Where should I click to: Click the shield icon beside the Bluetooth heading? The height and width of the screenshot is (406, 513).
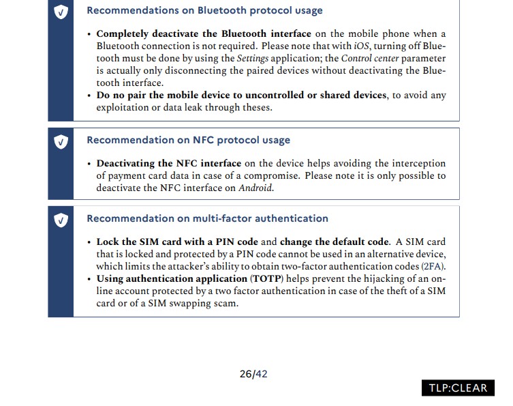pyautogui.click(x=61, y=12)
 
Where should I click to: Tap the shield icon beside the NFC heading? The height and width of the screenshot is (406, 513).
pyautogui.click(x=61, y=141)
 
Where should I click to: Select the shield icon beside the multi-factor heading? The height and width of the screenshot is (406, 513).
pyautogui.click(x=61, y=220)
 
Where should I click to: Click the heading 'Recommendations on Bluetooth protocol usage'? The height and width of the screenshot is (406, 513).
pyautogui.click(x=204, y=11)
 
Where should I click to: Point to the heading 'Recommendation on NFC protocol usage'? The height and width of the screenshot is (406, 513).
pyautogui.click(x=188, y=141)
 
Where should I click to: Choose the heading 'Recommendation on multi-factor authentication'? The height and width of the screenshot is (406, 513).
pyautogui.click(x=207, y=219)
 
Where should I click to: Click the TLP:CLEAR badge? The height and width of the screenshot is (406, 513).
pyautogui.click(x=458, y=388)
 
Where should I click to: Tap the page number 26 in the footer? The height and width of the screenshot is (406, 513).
pyautogui.click(x=246, y=374)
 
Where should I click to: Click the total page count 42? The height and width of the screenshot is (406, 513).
pyautogui.click(x=262, y=374)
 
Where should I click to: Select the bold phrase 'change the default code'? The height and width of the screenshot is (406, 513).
pyautogui.click(x=334, y=242)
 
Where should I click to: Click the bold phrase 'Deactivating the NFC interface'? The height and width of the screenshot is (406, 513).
pyautogui.click(x=168, y=164)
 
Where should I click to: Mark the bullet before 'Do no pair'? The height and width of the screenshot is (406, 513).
pyautogui.click(x=89, y=96)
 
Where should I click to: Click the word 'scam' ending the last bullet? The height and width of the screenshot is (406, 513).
pyautogui.click(x=226, y=304)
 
